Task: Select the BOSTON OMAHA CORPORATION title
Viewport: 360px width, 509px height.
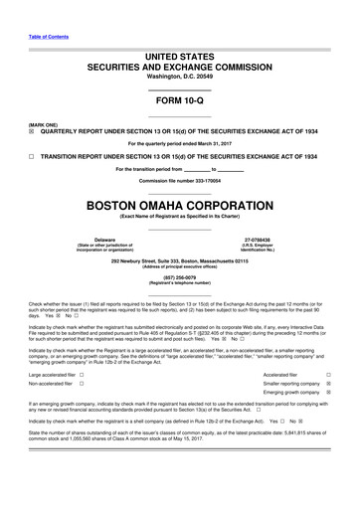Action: [179, 207]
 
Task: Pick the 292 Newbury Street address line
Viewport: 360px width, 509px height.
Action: [179, 260]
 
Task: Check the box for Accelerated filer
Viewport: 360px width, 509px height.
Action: [328, 374]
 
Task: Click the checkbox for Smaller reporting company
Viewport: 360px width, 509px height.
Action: [328, 384]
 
